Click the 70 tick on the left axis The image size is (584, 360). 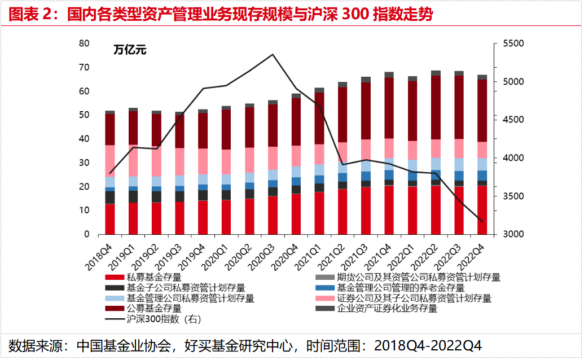(84, 68)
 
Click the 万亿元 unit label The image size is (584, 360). (130, 50)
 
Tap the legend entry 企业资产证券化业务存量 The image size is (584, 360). (387, 309)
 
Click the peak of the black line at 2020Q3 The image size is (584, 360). (273, 55)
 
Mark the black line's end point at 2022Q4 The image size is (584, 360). (482, 221)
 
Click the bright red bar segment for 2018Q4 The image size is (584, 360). (109, 219)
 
